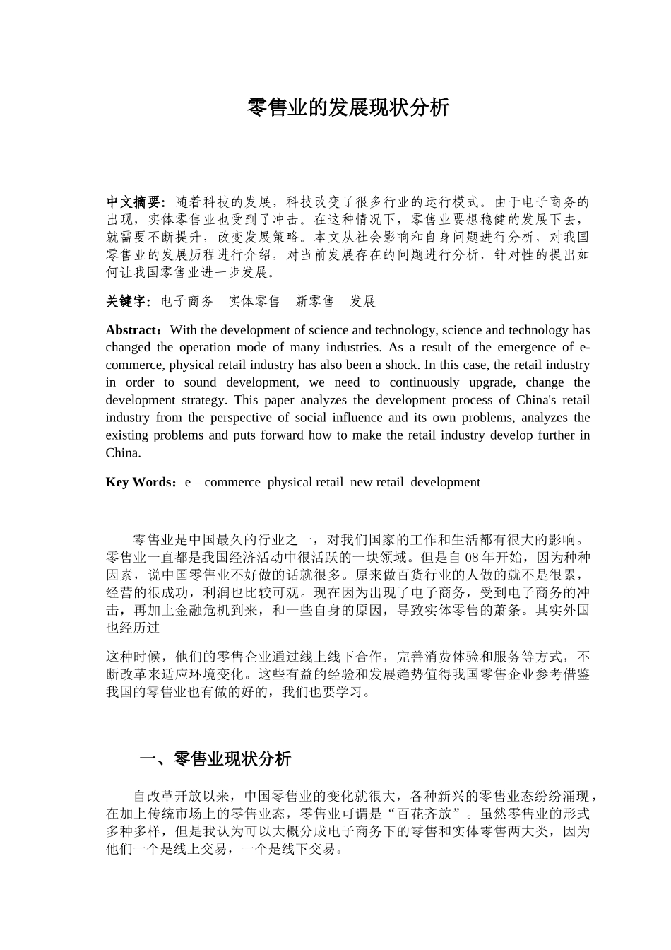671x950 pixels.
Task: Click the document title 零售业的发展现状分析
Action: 348,107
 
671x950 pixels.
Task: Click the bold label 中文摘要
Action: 135,202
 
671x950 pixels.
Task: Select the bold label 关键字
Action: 126,302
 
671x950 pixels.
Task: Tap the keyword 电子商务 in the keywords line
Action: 187,302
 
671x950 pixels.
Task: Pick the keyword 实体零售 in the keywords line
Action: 254,302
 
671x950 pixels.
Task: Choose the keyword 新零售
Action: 315,302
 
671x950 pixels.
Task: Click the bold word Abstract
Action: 133,330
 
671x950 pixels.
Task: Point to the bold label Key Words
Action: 138,482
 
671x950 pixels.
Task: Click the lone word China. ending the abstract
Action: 124,452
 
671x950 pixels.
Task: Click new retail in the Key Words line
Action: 376,482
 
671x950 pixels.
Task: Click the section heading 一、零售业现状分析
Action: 215,759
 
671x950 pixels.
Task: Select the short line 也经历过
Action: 133,627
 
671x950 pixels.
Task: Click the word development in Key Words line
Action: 445,482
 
